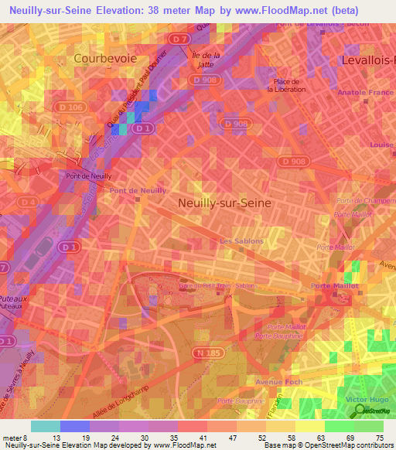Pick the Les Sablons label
[241, 241]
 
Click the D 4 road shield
[28, 203]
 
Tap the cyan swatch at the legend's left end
[45, 426]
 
